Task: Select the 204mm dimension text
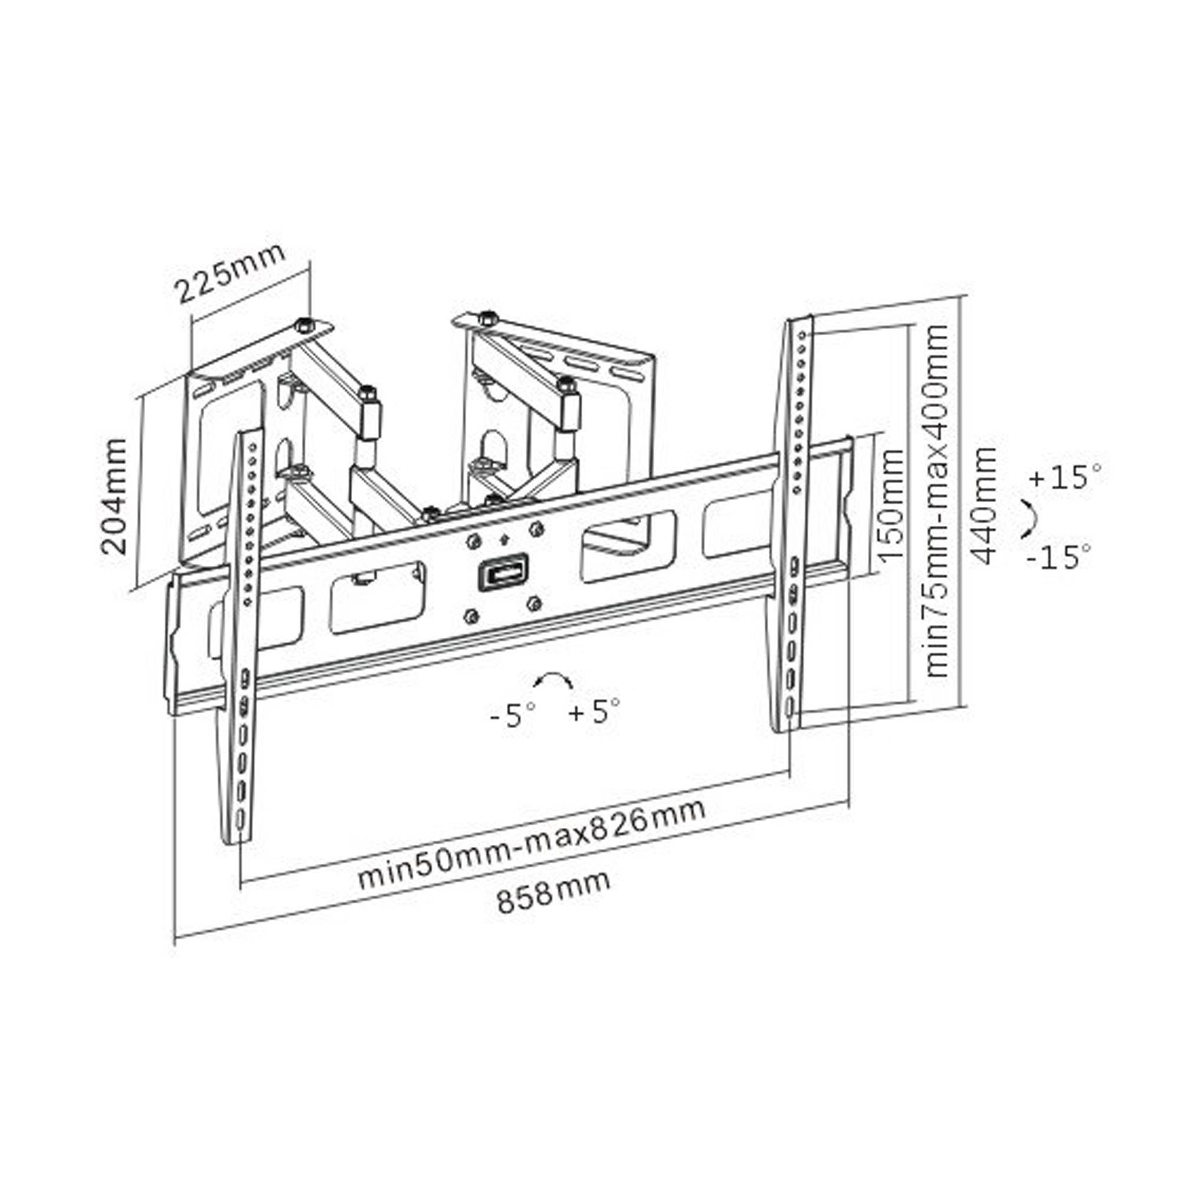pyautogui.click(x=115, y=496)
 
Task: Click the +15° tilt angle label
pyautogui.click(x=1065, y=477)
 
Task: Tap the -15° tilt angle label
pyautogui.click(x=1058, y=557)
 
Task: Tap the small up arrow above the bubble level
pyautogui.click(x=503, y=539)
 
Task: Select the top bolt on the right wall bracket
pyautogui.click(x=487, y=317)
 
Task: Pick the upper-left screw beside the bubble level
pyautogui.click(x=472, y=541)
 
